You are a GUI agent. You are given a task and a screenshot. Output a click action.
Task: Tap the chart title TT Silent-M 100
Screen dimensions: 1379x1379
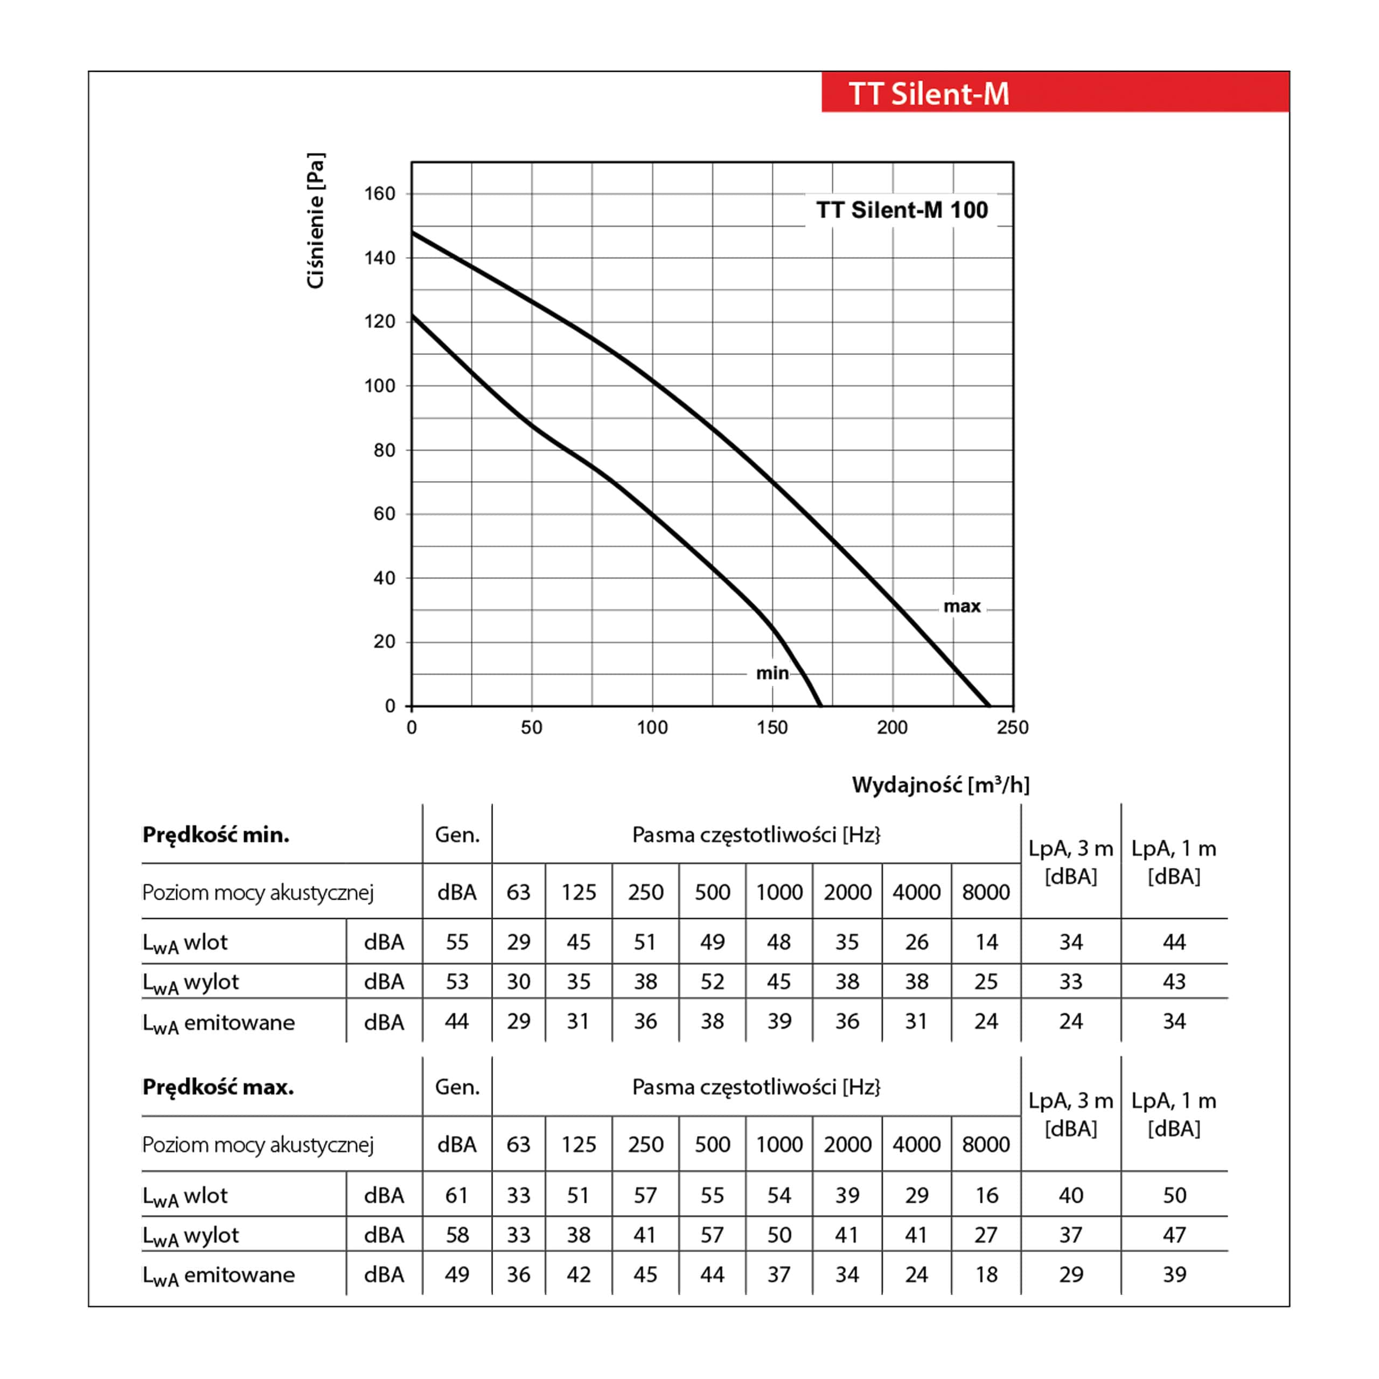click(x=902, y=210)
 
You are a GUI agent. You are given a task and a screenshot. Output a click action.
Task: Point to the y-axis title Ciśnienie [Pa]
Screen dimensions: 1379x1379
click(x=315, y=220)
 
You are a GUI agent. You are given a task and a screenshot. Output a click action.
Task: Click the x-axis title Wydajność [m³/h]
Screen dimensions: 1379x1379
click(x=941, y=785)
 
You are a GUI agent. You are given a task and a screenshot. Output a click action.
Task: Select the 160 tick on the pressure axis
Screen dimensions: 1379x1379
click(x=379, y=193)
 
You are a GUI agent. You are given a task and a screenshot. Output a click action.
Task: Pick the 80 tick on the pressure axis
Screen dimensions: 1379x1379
click(x=384, y=450)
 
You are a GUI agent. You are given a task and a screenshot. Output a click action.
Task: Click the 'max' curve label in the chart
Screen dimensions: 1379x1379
click(x=962, y=606)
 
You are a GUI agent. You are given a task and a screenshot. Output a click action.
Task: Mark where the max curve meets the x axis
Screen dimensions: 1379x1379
click(x=990, y=706)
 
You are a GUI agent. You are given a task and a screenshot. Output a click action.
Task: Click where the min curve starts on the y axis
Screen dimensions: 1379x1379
click(x=413, y=316)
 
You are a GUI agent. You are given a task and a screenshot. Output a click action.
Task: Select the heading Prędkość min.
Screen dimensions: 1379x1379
click(x=215, y=834)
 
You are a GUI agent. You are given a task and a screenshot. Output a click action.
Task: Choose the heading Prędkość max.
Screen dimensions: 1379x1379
click(x=218, y=1087)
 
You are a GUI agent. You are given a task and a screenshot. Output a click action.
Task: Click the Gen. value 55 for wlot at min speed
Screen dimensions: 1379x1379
click(x=457, y=942)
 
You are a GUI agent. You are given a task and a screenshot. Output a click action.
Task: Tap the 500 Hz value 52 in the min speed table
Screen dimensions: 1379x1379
click(x=712, y=981)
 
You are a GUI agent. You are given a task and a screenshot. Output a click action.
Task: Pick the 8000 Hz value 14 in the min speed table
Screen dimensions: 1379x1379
click(x=986, y=942)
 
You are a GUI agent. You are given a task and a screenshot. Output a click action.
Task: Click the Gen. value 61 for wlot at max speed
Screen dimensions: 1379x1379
click(x=456, y=1195)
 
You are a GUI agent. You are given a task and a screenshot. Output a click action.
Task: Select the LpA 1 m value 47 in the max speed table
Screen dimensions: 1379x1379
click(x=1174, y=1235)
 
